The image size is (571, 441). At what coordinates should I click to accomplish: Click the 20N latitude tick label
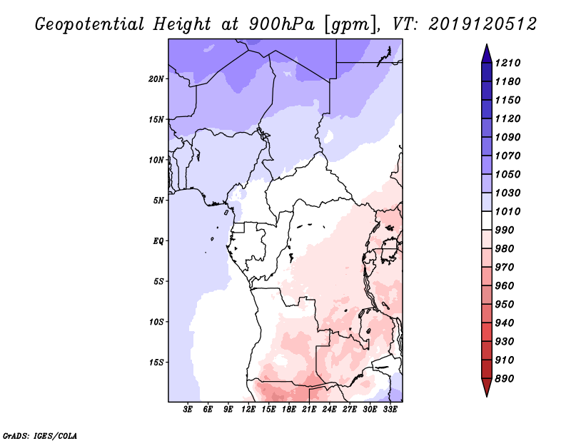pyautogui.click(x=156, y=79)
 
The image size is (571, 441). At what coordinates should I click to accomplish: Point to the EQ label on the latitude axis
pyautogui.click(x=158, y=241)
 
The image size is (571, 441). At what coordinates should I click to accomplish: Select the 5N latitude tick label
pyautogui.click(x=158, y=201)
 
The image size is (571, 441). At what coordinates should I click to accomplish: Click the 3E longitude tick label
pyautogui.click(x=188, y=410)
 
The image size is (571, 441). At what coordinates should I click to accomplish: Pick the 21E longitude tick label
pyautogui.click(x=309, y=410)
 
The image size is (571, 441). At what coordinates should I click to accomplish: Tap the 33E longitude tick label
pyautogui.click(x=390, y=410)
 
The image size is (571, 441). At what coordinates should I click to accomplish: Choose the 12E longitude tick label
pyautogui.click(x=248, y=410)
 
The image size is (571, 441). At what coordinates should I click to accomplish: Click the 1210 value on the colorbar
pyautogui.click(x=507, y=63)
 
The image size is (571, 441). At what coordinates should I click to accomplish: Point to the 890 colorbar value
pyautogui.click(x=505, y=379)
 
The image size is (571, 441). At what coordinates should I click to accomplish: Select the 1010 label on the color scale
pyautogui.click(x=507, y=211)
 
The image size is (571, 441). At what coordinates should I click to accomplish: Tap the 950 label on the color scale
pyautogui.click(x=505, y=305)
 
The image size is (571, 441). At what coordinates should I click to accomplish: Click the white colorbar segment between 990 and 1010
pyautogui.click(x=487, y=220)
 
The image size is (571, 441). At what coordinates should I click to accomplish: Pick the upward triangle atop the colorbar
pyautogui.click(x=487, y=54)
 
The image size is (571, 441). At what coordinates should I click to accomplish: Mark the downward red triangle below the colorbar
pyautogui.click(x=487, y=387)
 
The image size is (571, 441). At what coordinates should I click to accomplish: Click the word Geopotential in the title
pyautogui.click(x=90, y=24)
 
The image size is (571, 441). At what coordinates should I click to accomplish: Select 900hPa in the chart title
pyautogui.click(x=281, y=24)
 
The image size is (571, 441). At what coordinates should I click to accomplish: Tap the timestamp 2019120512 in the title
pyautogui.click(x=482, y=24)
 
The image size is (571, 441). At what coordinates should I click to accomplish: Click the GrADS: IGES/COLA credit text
pyautogui.click(x=40, y=436)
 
